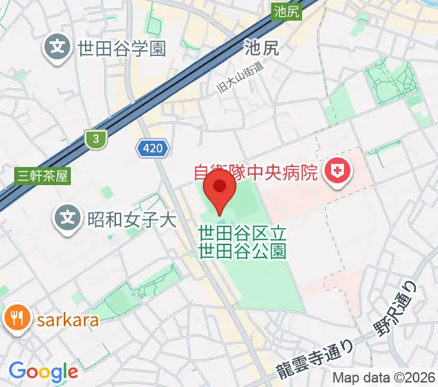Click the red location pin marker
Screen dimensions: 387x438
pos(219,190)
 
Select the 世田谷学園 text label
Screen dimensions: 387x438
pos(122,48)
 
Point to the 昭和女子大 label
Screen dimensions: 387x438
pos(131,220)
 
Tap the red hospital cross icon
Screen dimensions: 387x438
pos(336,171)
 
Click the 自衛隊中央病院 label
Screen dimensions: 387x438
pos(256,173)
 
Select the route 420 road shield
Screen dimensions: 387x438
pos(153,149)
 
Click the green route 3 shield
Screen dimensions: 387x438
pos(95,138)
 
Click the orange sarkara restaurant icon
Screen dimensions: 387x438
pos(16,319)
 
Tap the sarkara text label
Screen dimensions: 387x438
pos(68,321)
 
